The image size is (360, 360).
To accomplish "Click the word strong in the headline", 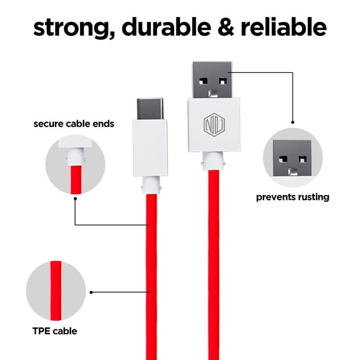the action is tap(74, 28).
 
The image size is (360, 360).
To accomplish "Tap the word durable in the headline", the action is tap(166, 27).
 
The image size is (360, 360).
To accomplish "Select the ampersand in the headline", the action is tap(226, 27).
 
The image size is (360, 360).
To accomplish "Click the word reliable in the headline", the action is tap(283, 27).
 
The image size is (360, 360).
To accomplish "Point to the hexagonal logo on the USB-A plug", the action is tap(214, 125).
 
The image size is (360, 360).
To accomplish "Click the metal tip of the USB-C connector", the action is tap(150, 108).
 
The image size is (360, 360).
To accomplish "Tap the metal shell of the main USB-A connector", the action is tap(212, 80).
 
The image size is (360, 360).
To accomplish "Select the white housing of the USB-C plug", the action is tap(150, 148).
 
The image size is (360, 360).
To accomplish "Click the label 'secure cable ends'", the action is tap(74, 124).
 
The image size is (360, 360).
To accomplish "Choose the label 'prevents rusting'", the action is tap(292, 197).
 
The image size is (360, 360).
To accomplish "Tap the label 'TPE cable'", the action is tap(55, 331).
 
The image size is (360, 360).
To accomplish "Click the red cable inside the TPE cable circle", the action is tap(56, 291).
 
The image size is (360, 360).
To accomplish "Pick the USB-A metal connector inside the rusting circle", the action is tap(292, 158).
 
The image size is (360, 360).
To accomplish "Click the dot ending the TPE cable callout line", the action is tap(91, 292).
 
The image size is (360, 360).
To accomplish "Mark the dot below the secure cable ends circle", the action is tap(75, 198).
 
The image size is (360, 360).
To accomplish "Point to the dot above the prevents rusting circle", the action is tap(293, 122).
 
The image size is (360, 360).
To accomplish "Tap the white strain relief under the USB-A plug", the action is tap(213, 161).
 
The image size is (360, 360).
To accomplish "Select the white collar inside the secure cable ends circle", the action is tap(76, 157).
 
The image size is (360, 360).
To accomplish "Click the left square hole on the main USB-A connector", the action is tap(203, 81).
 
